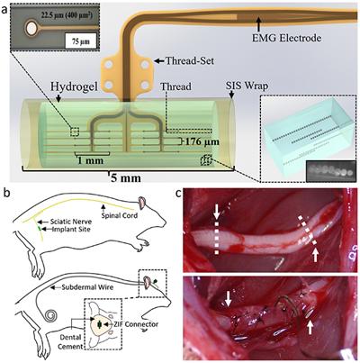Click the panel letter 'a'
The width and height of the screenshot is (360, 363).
coord(4,10)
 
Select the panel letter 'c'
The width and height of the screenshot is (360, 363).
coord(178,195)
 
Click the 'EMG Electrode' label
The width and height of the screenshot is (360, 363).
coord(286,38)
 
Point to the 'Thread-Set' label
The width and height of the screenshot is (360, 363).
coord(190,61)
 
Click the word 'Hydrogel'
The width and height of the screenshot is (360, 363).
coord(74,86)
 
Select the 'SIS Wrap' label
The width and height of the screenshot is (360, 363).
coord(247,86)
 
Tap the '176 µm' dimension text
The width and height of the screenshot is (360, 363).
coord(202,141)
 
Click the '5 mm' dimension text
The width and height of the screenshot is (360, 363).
coord(126,177)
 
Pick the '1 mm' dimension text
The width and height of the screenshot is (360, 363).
coord(90,160)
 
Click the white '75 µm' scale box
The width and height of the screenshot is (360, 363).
coord(81,41)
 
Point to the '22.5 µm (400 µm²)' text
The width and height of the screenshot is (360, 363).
coord(67,16)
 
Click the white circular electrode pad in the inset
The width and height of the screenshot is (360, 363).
coord(31,29)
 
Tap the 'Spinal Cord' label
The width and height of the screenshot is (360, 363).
coord(119,215)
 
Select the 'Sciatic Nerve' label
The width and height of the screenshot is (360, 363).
coord(71,222)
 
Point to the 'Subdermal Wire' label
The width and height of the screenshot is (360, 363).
coord(87,287)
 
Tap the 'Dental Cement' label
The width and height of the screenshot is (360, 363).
coord(69,341)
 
